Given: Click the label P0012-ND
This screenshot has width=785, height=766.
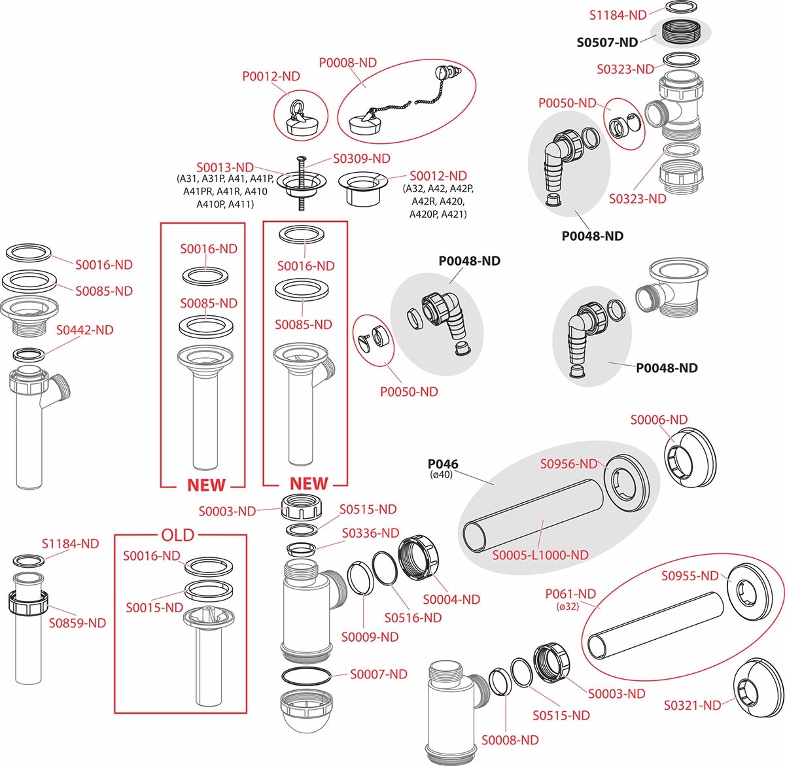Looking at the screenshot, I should (271, 77).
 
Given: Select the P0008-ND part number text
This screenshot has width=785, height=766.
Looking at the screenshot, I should (348, 63).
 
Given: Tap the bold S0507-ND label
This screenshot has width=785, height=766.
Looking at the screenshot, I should (606, 43).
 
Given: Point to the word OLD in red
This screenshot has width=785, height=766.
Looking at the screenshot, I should (178, 535).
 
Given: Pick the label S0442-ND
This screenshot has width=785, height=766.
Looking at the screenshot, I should (84, 330).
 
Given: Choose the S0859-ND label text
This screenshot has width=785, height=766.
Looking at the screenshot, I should (77, 623).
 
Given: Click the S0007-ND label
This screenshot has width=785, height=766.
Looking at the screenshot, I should (378, 674).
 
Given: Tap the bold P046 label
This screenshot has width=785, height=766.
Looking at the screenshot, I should (443, 464).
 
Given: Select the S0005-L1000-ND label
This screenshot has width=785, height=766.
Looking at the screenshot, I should (540, 555).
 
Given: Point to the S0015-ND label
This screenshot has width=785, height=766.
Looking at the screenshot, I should (154, 608).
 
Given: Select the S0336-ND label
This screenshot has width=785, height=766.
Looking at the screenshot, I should (370, 534).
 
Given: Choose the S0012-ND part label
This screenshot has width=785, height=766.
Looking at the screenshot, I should (438, 176).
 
